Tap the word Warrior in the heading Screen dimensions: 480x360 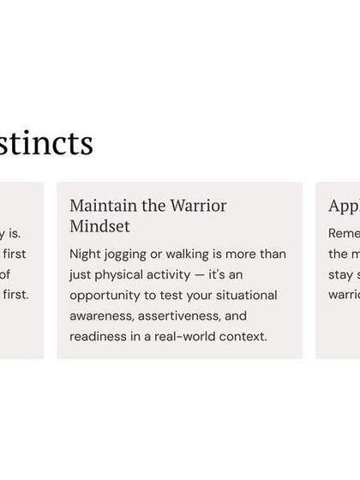pyautogui.click(x=199, y=206)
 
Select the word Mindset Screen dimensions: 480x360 pyautogui.click(x=99, y=226)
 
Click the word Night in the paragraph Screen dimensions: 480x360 pyautogui.click(x=86, y=255)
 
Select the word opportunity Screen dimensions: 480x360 pyautogui.click(x=106, y=295)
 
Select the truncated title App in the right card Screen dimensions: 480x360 pyautogui.click(x=343, y=206)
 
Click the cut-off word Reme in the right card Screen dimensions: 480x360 pyautogui.click(x=344, y=233)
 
